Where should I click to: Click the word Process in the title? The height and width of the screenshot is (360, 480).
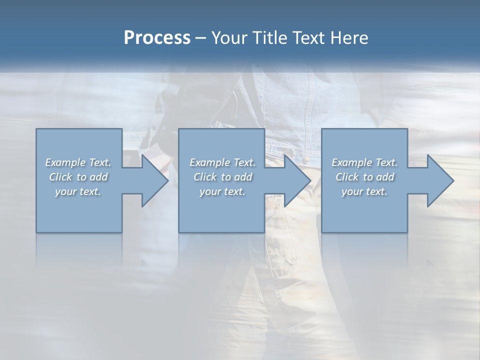[x=157, y=38]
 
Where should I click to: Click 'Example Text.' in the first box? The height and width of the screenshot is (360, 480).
[x=78, y=162]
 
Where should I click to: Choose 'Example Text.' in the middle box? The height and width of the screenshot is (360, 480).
[x=222, y=162]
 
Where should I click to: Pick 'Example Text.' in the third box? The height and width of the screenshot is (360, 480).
[x=364, y=162]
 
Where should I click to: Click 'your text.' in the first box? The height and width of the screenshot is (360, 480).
[x=78, y=191]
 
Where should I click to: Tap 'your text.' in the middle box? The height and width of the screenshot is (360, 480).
[x=222, y=191]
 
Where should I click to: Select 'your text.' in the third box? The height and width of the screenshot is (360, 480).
[x=364, y=191]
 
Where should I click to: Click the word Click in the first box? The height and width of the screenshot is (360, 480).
[x=60, y=177]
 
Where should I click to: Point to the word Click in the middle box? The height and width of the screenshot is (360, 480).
[x=204, y=177]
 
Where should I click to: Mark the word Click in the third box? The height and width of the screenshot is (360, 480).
[x=347, y=177]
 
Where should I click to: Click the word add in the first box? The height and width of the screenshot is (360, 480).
[x=98, y=177]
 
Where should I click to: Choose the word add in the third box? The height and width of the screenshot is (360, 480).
[x=385, y=177]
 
